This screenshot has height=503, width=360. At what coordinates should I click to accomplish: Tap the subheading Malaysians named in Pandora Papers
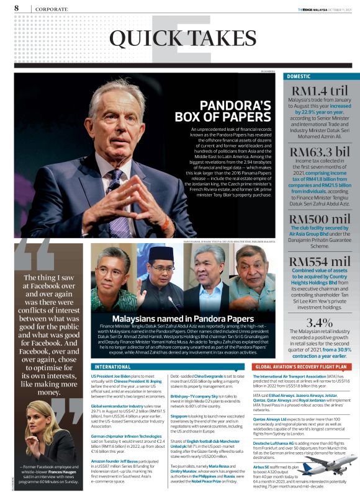(174, 319)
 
